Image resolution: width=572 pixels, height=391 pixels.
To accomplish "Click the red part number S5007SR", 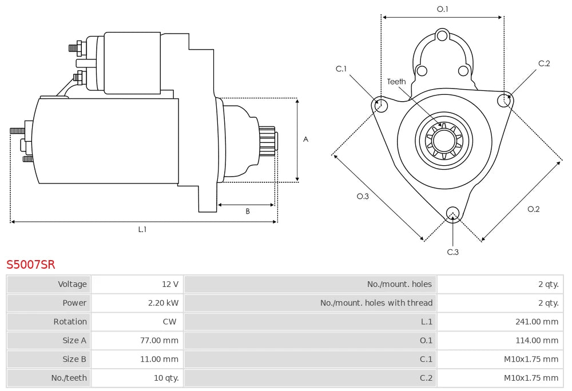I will [x=31, y=265].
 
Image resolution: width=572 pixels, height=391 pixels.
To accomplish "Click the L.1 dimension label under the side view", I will [x=142, y=229].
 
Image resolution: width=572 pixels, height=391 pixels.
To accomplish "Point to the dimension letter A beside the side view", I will [x=305, y=139].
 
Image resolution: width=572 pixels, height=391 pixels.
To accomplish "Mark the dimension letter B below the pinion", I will [x=248, y=212].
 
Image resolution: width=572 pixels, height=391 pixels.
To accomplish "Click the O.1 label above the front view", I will [x=442, y=9].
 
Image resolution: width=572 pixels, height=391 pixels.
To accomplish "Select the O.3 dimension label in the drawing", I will [x=363, y=196].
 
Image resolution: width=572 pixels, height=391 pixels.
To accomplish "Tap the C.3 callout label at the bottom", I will [x=452, y=252].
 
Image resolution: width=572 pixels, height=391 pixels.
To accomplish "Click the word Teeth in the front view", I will [x=396, y=82].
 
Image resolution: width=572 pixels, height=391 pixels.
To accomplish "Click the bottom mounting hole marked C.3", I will [x=452, y=212].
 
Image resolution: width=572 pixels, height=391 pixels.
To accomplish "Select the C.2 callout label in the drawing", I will [x=544, y=63].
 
